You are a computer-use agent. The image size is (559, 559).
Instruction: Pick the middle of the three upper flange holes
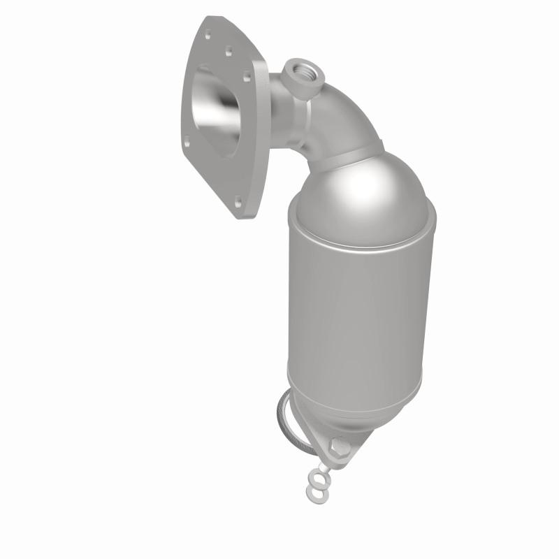pos(228,50)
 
